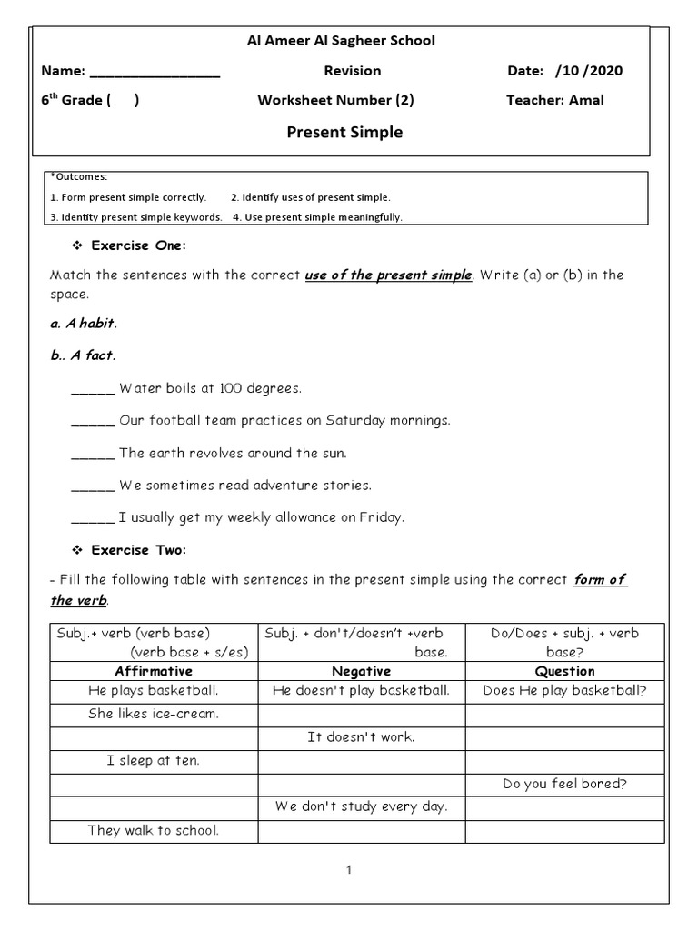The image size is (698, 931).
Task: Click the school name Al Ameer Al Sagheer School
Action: tap(342, 40)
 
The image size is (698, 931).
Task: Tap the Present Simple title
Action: tap(344, 133)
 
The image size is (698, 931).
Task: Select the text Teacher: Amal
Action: tap(554, 100)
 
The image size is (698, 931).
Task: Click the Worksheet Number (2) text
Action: tap(335, 100)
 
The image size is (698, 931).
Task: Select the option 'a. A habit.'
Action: tap(84, 324)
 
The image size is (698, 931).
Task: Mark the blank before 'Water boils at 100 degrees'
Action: tap(93, 389)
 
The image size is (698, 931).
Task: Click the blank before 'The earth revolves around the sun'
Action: tap(93, 453)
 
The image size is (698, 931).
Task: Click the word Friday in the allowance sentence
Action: tap(380, 517)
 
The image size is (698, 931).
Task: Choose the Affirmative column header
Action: tap(154, 671)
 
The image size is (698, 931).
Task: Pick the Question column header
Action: tap(564, 671)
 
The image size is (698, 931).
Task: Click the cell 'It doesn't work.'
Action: tap(361, 736)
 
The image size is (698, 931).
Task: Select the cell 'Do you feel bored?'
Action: tap(564, 784)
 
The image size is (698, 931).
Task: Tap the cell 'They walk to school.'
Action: tap(154, 830)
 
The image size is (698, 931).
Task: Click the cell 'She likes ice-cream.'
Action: tap(154, 714)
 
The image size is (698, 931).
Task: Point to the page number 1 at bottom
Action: tap(348, 870)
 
